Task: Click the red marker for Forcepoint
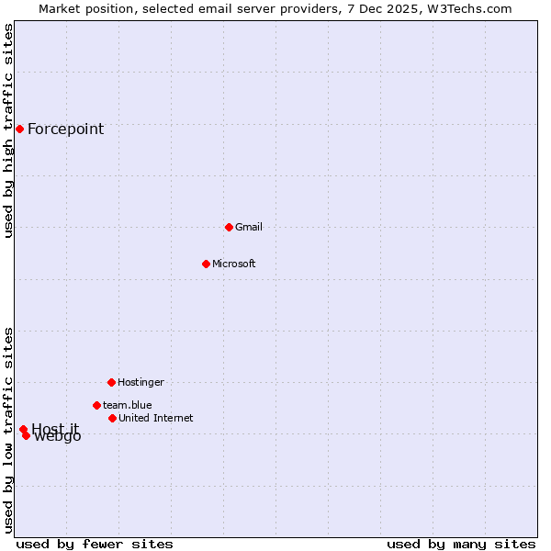[x=19, y=129]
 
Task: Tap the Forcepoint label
[x=65, y=129]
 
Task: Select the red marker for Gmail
[x=229, y=227]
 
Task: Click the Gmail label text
[x=249, y=227]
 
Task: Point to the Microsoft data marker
[x=206, y=264]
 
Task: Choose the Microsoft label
[x=234, y=264]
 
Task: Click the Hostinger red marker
[x=111, y=382]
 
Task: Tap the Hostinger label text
[x=141, y=382]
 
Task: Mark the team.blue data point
[x=96, y=405]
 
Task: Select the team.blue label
[x=128, y=405]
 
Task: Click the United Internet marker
[x=112, y=418]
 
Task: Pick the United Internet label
[x=156, y=418]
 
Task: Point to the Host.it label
[x=55, y=429]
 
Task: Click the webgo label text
[x=58, y=437]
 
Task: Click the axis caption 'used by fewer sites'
[x=95, y=544]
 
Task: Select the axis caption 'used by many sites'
[x=461, y=544]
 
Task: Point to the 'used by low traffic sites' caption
[x=8, y=430]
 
